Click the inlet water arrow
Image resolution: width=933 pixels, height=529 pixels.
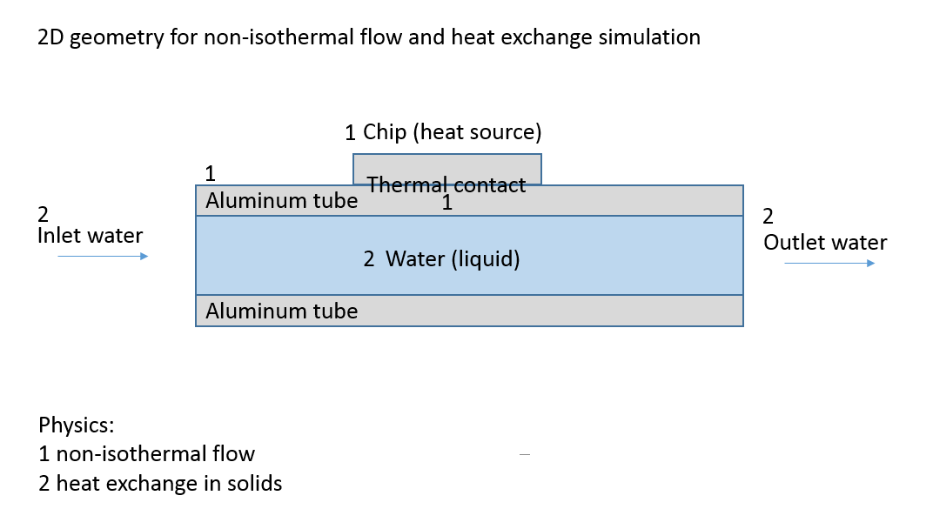(103, 256)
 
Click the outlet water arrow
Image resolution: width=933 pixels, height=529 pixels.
(829, 263)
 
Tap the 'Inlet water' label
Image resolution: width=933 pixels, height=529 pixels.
(91, 235)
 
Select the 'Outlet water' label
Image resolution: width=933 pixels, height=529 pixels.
(825, 242)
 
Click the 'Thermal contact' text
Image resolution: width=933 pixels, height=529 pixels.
(446, 184)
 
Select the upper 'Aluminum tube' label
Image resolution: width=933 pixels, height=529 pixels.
(282, 201)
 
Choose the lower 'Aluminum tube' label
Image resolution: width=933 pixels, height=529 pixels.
(282, 311)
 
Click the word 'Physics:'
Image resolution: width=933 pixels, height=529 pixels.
(77, 425)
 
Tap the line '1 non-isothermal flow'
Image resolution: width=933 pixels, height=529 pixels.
(147, 453)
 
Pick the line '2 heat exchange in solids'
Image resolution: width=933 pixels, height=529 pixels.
(161, 483)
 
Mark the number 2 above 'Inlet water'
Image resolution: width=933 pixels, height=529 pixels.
(44, 214)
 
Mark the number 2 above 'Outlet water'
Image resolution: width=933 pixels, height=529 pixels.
(768, 217)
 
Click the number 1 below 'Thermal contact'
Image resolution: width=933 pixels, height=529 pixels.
(446, 204)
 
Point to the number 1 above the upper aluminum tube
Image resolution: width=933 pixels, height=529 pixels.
(209, 172)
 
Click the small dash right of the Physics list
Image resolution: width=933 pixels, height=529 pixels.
(524, 454)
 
